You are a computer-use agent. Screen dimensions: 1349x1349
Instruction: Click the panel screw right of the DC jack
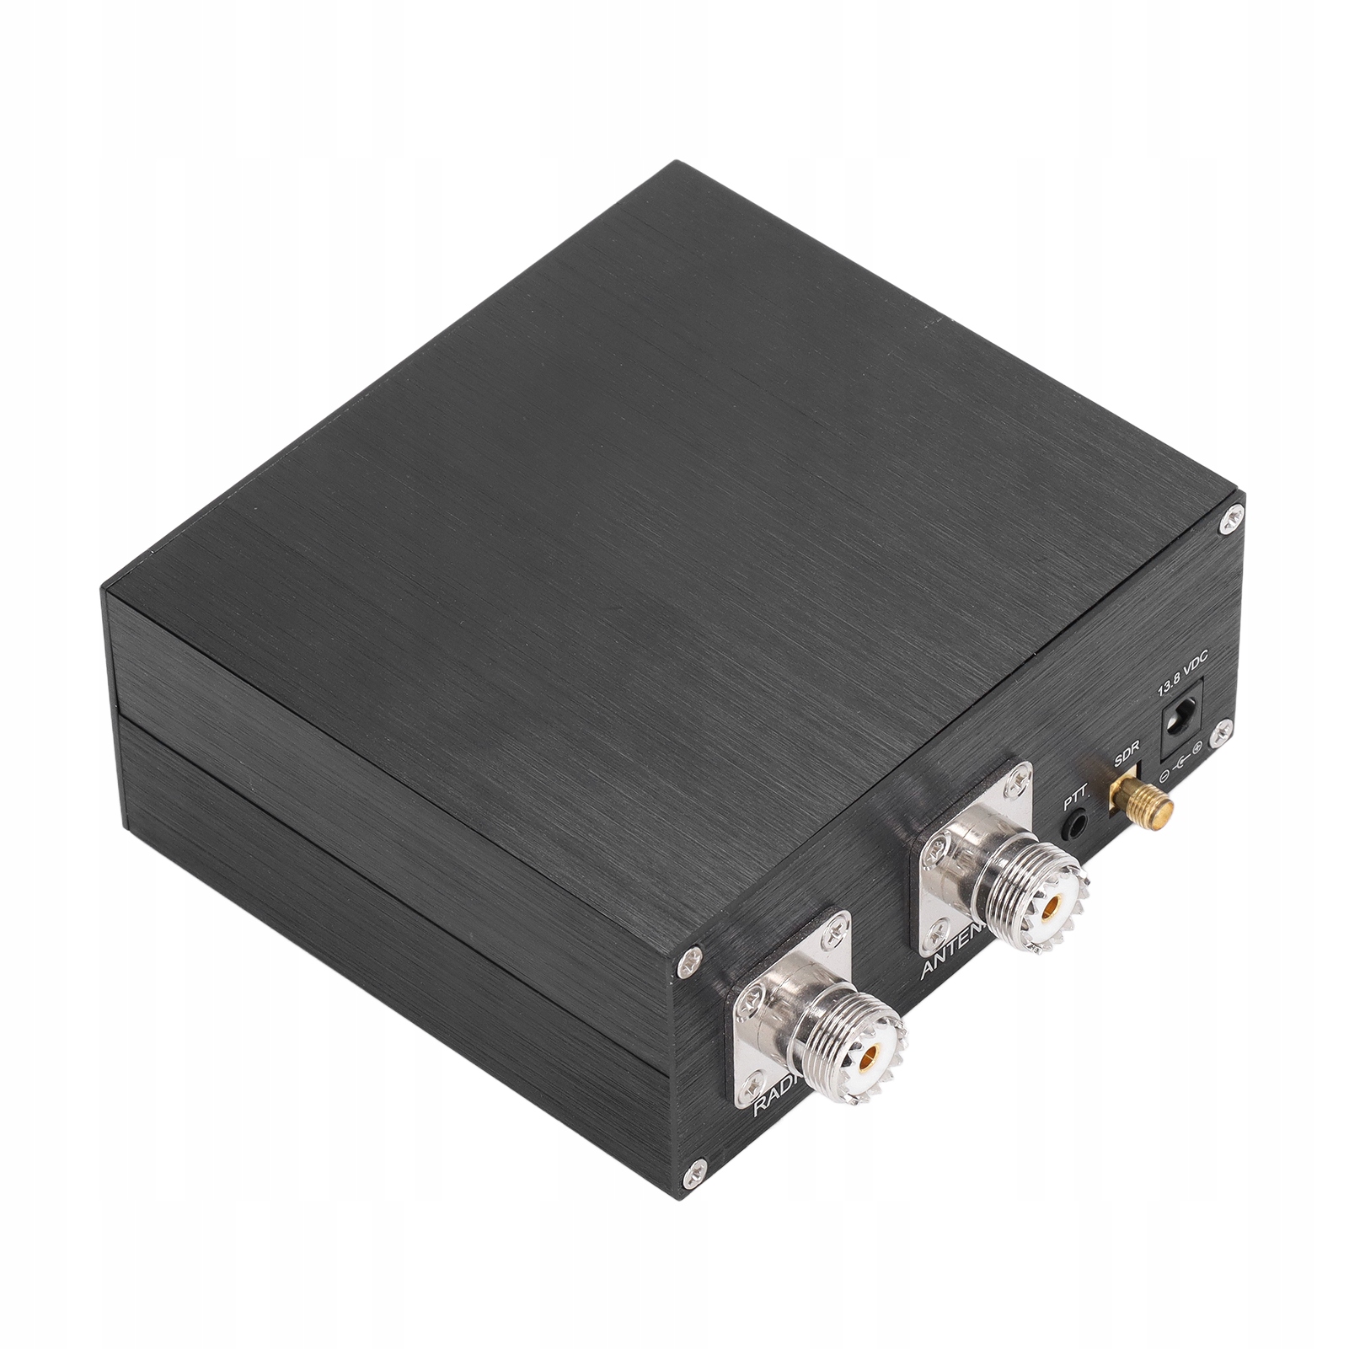[x=1217, y=736]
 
